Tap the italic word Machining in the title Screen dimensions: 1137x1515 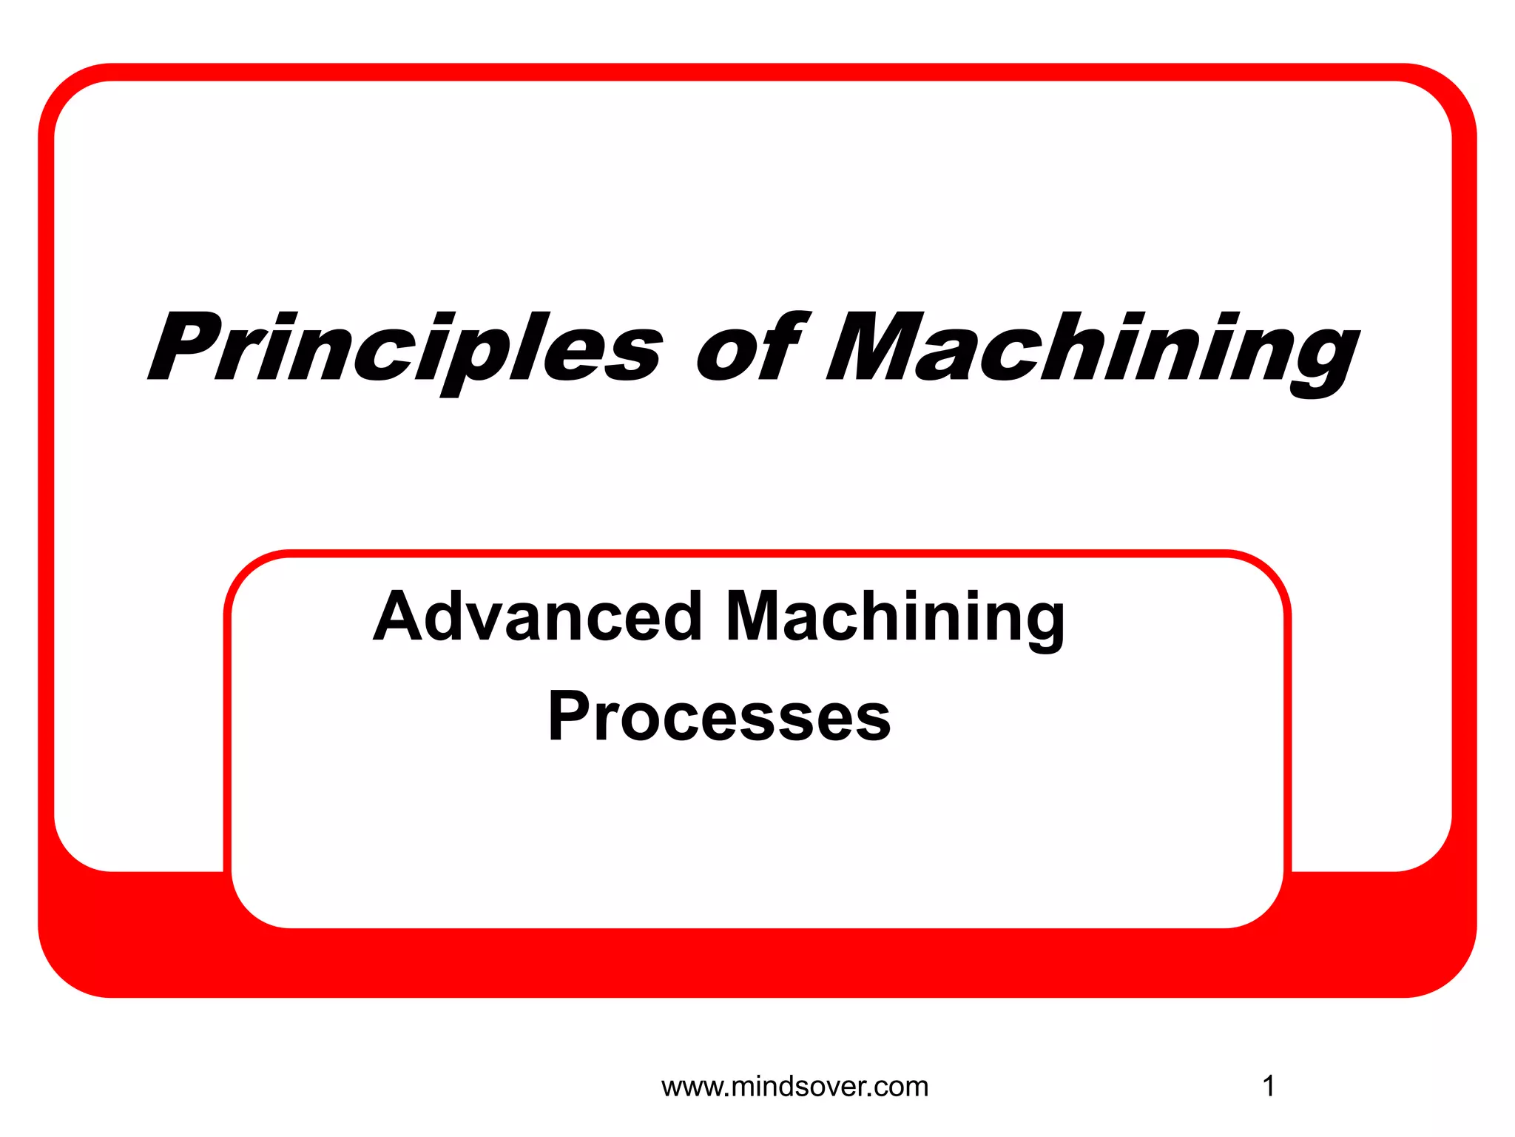coord(1092,346)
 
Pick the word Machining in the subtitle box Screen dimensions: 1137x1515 coord(895,617)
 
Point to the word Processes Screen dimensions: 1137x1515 coord(719,716)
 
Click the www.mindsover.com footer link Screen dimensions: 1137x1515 coord(794,1087)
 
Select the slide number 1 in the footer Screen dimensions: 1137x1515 coord(1268,1087)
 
